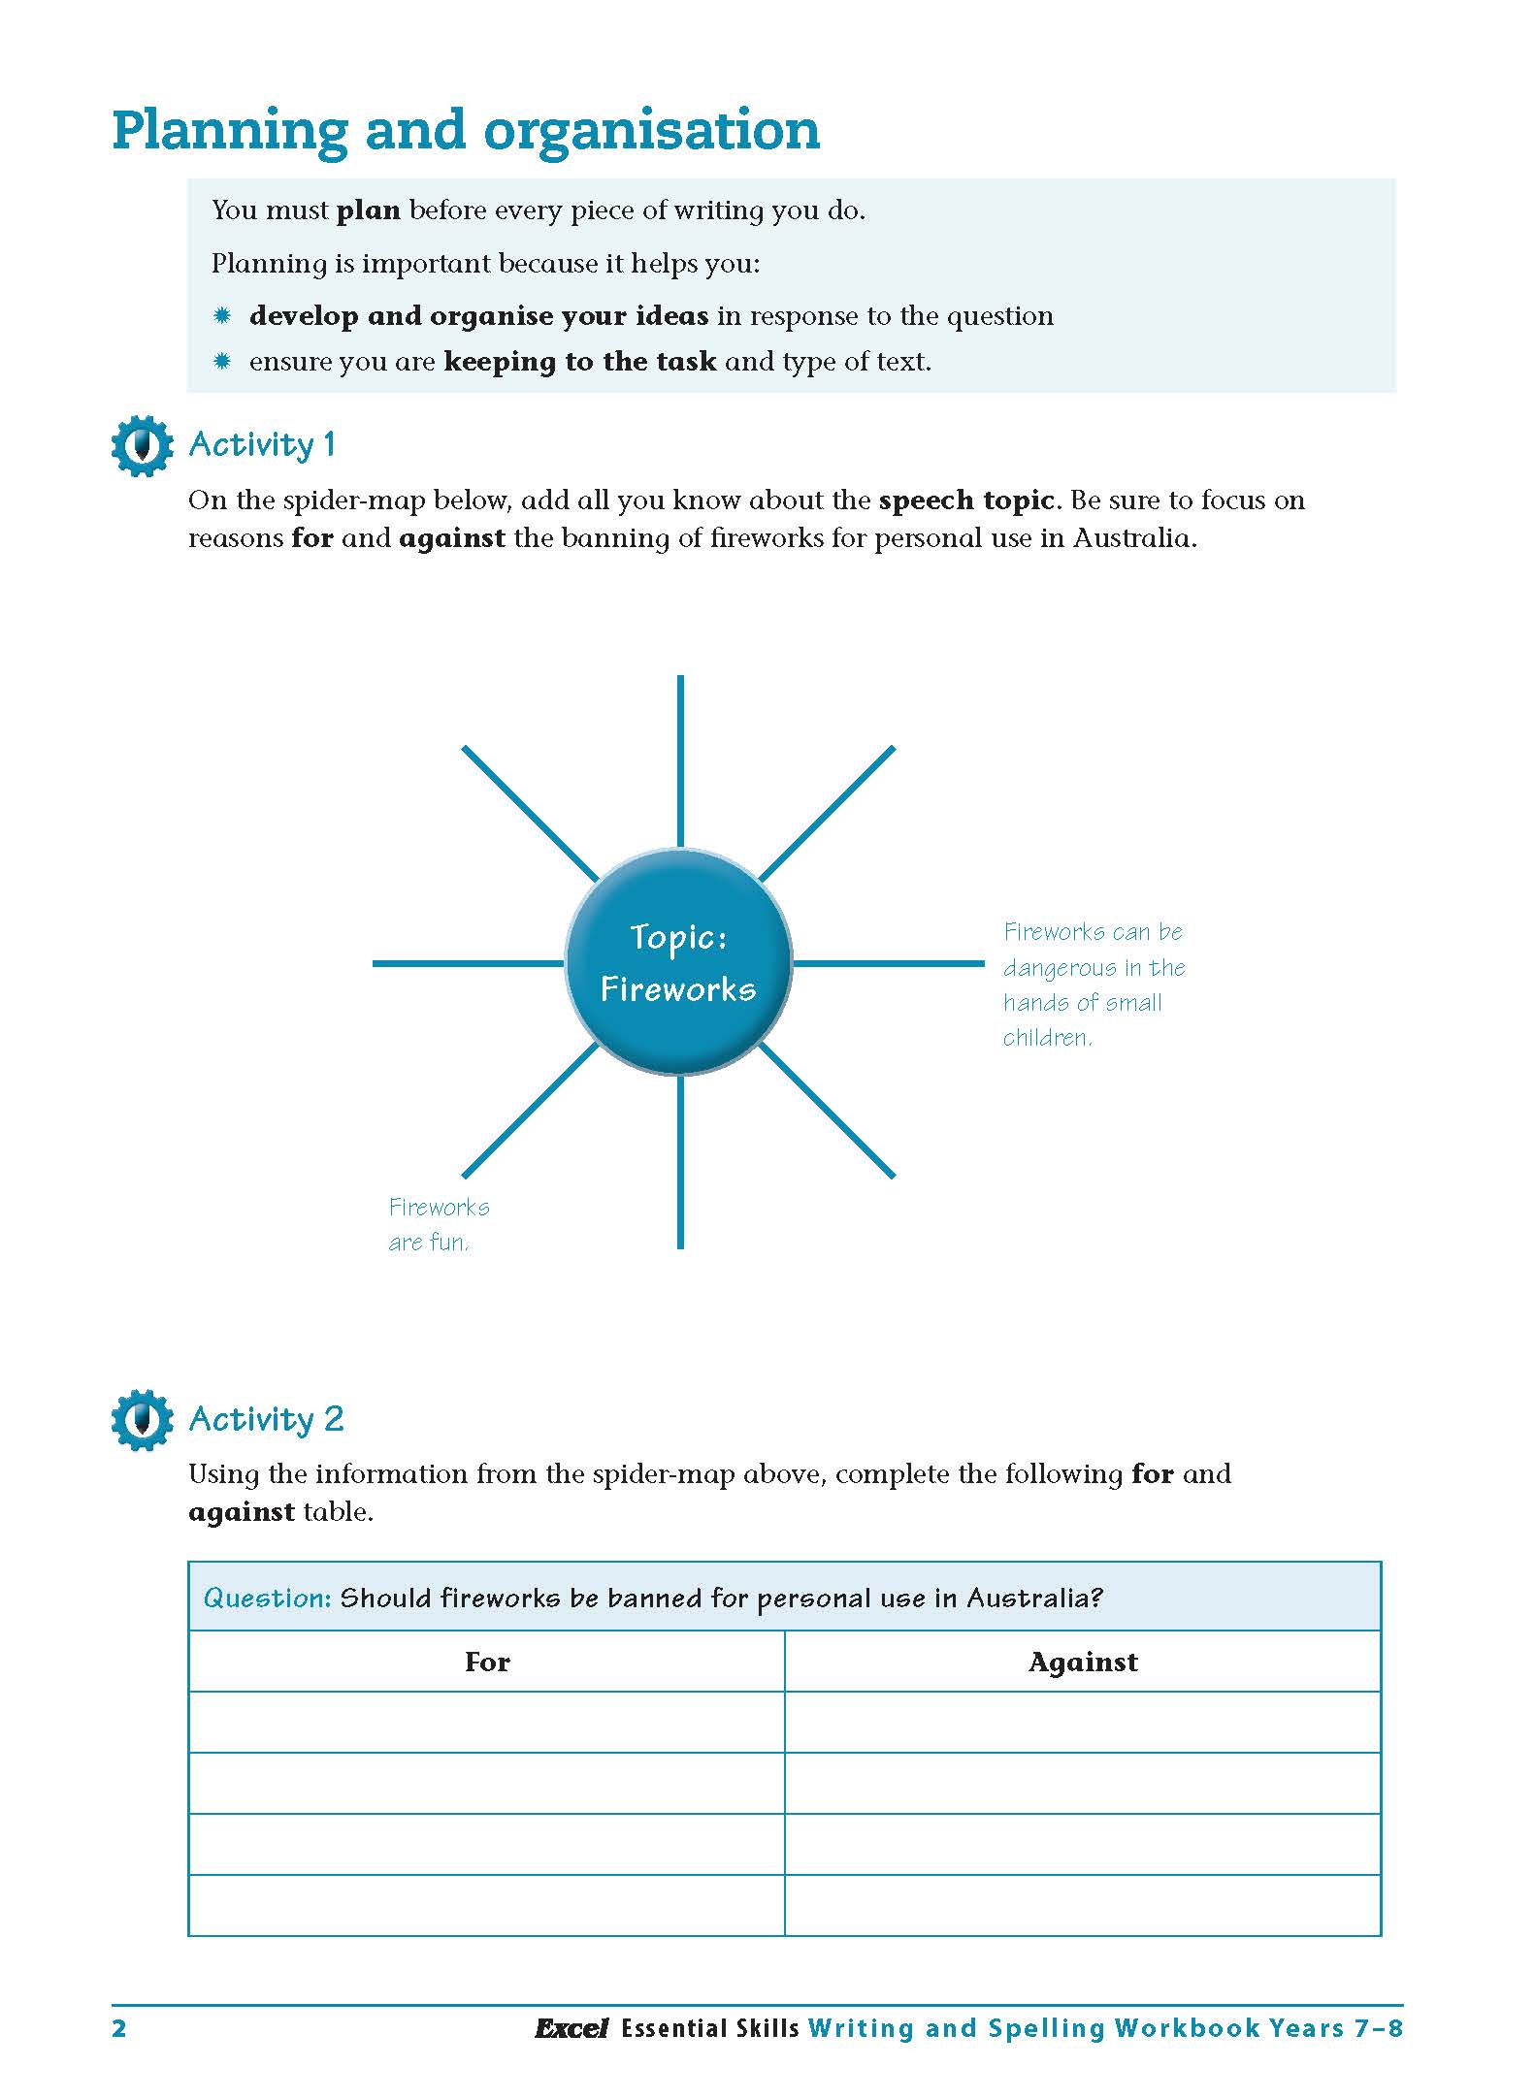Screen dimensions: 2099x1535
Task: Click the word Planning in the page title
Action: pyautogui.click(x=230, y=131)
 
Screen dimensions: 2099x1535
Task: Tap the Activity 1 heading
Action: pyautogui.click(x=262, y=445)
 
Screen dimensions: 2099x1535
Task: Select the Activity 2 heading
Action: pyautogui.click(x=266, y=1420)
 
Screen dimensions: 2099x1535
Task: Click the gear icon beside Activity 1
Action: pyautogui.click(x=143, y=445)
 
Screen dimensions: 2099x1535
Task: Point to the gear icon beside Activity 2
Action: pyautogui.click(x=143, y=1420)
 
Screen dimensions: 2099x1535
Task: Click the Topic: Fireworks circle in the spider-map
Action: pyautogui.click(x=678, y=962)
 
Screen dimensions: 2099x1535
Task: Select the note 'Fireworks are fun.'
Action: pyautogui.click(x=438, y=1224)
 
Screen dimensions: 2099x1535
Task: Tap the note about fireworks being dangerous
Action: pyautogui.click(x=1094, y=985)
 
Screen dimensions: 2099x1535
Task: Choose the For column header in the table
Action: pyautogui.click(x=486, y=1663)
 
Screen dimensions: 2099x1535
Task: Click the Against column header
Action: pyautogui.click(x=1082, y=1663)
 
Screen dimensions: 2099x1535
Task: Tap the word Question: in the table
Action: pyautogui.click(x=267, y=1598)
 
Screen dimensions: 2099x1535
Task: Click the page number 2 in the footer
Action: pyautogui.click(x=119, y=2029)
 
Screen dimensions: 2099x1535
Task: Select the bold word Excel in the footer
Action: pyautogui.click(x=571, y=2029)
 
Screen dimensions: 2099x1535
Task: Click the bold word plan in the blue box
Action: pyautogui.click(x=368, y=210)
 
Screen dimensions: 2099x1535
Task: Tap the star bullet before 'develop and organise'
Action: pyautogui.click(x=222, y=315)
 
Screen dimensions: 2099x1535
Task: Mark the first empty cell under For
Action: pyautogui.click(x=486, y=1723)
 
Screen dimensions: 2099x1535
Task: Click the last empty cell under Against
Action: pyautogui.click(x=1082, y=1905)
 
